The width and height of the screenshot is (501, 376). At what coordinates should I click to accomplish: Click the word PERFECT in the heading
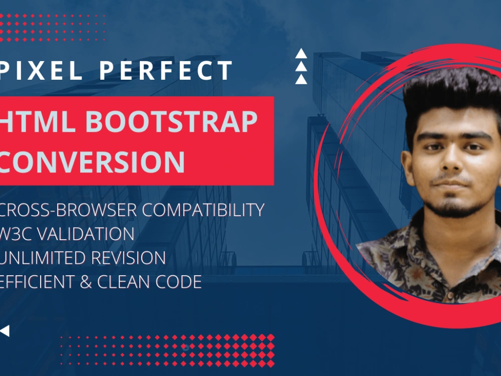[x=166, y=71]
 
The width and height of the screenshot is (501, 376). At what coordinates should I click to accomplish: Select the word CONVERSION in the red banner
[x=93, y=162]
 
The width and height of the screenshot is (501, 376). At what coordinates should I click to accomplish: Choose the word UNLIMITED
[x=43, y=258]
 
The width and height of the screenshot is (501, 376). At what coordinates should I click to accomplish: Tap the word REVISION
[x=128, y=258]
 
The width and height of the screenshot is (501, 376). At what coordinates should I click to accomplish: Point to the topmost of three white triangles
[x=301, y=54]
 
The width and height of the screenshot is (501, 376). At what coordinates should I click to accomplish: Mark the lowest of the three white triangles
[x=301, y=79]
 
